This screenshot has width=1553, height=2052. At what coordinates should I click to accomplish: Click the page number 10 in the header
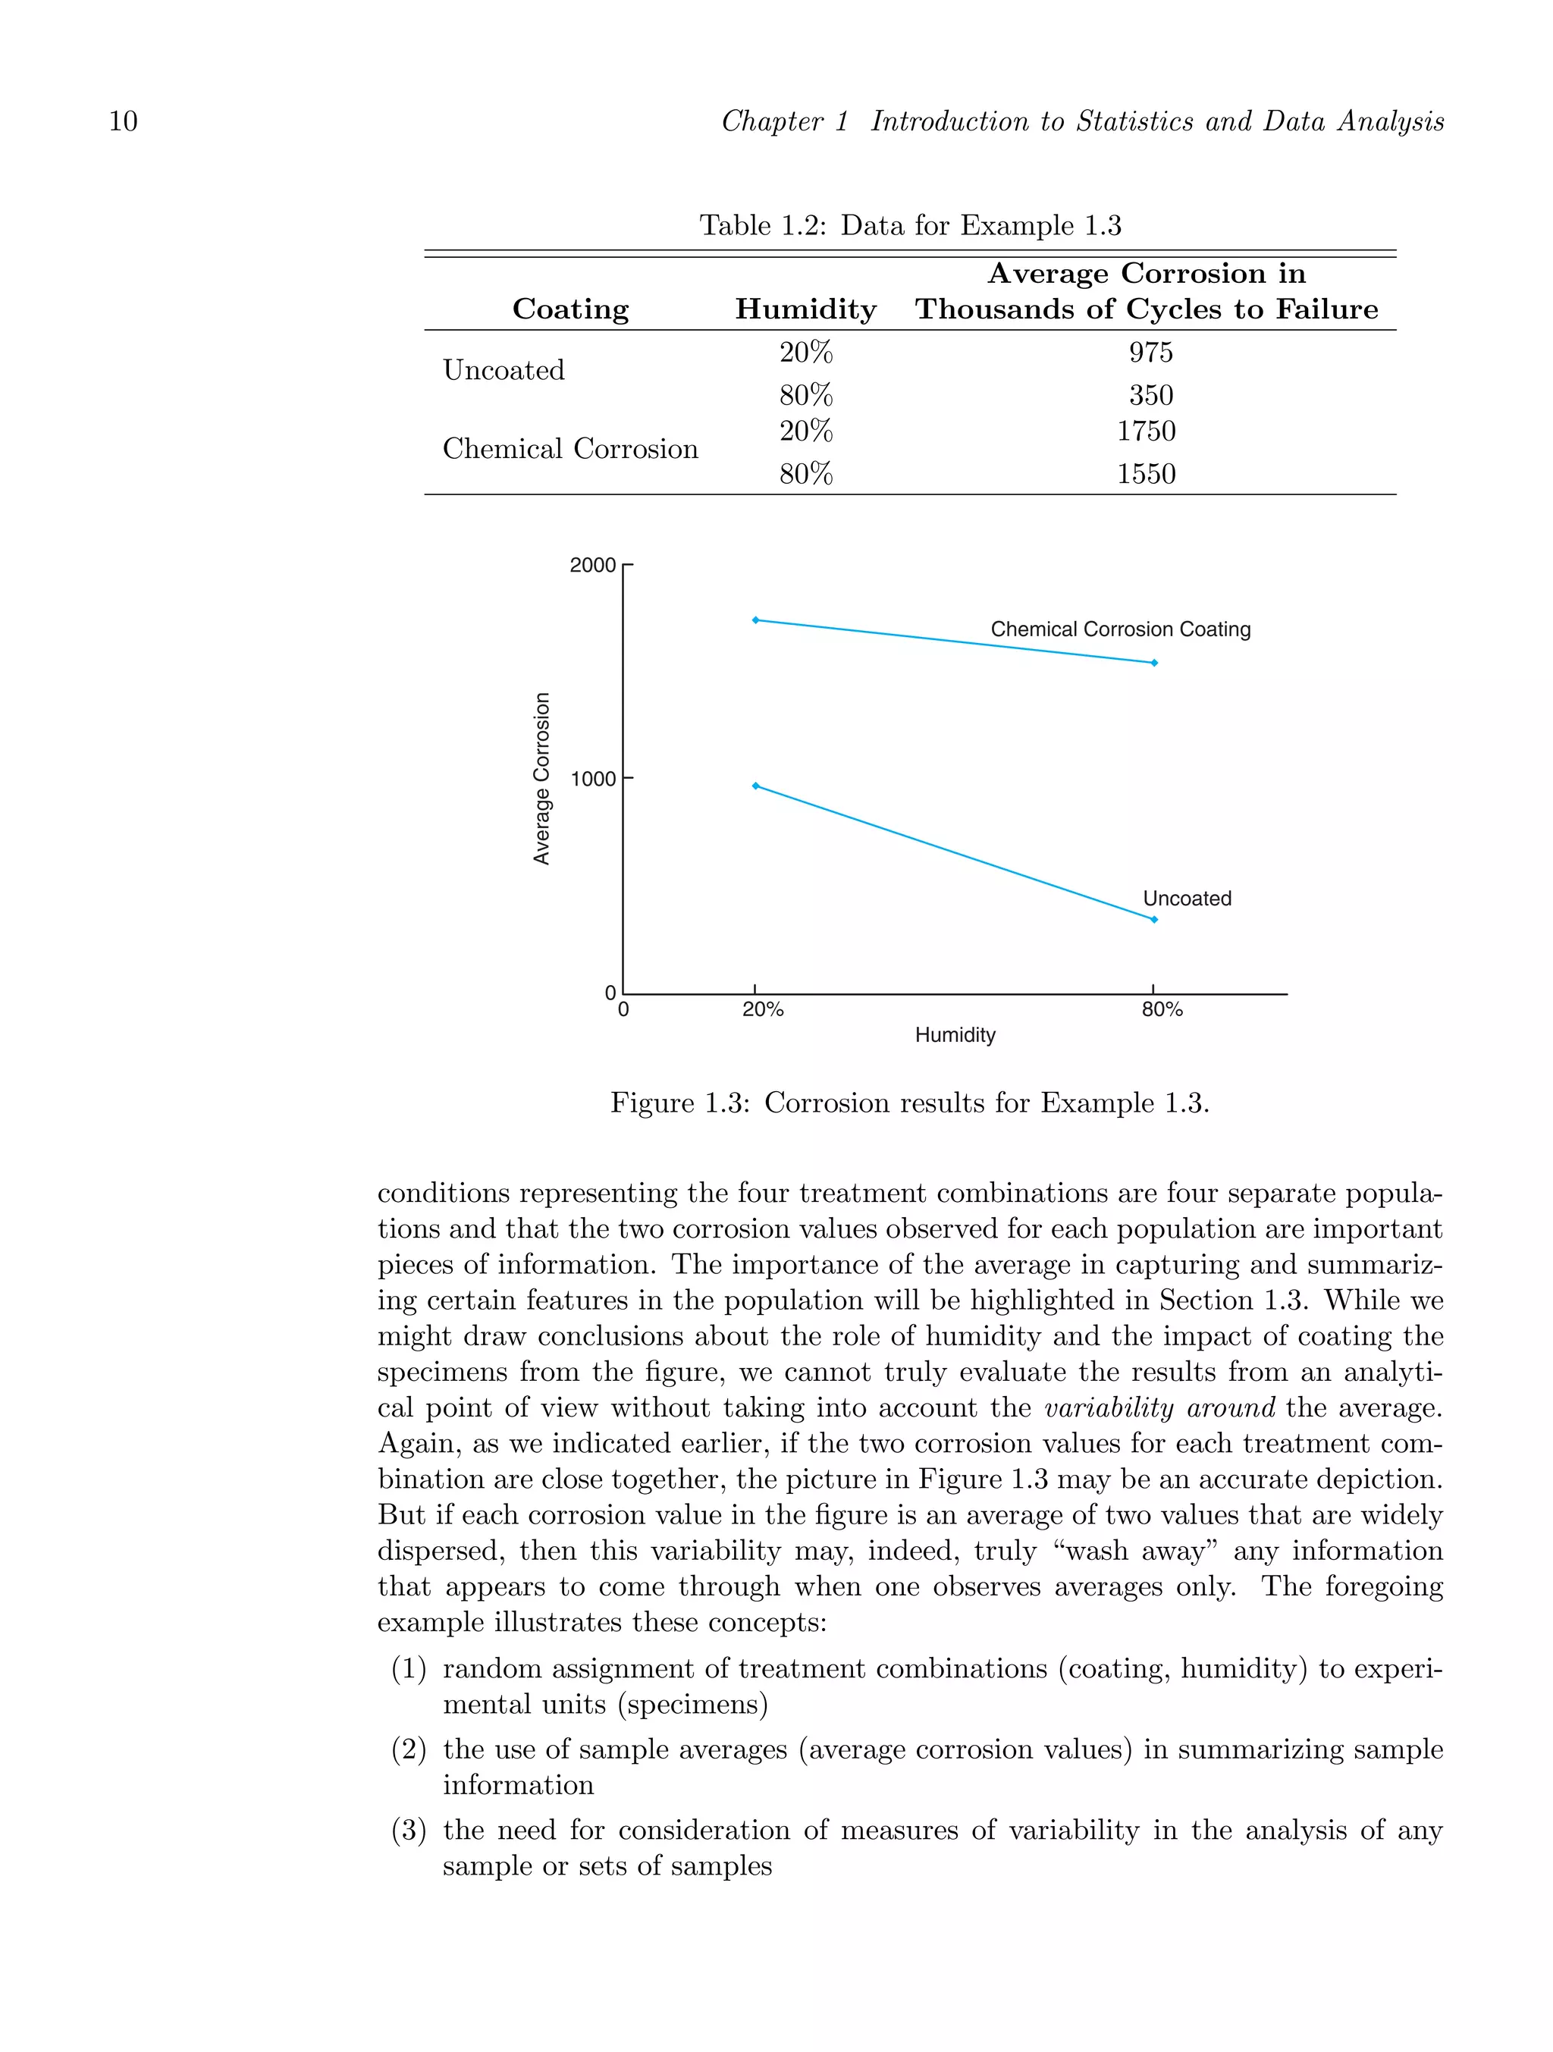click(x=124, y=121)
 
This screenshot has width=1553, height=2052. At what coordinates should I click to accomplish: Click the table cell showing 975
click(x=1150, y=353)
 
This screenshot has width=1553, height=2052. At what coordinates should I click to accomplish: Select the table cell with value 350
click(x=1150, y=395)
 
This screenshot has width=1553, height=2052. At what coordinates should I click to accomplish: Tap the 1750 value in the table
click(x=1146, y=431)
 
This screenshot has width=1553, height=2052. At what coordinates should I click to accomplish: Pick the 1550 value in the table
click(x=1146, y=474)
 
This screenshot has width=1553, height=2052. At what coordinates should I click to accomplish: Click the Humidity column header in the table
click(x=805, y=309)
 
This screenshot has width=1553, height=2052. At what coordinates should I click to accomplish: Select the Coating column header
click(x=570, y=309)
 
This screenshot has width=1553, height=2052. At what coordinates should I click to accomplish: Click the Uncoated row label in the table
click(x=504, y=370)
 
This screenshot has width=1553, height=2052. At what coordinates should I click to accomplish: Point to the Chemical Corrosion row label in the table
click(x=569, y=449)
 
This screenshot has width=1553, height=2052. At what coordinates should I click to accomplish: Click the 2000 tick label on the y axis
click(x=593, y=566)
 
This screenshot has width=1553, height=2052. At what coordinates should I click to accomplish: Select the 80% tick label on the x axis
click(x=1162, y=1010)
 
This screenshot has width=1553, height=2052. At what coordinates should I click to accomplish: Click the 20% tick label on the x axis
click(x=763, y=1010)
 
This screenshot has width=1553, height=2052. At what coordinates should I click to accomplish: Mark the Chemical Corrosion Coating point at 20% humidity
click(x=755, y=620)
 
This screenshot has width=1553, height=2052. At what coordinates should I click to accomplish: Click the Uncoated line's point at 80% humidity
click(x=1154, y=919)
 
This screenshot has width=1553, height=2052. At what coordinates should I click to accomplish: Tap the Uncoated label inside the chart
click(x=1187, y=898)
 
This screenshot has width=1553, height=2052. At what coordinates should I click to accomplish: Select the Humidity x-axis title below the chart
click(x=955, y=1035)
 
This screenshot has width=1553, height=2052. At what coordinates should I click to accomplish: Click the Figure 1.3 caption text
click(x=909, y=1103)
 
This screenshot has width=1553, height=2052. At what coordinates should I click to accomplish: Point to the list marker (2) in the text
click(x=408, y=1749)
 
